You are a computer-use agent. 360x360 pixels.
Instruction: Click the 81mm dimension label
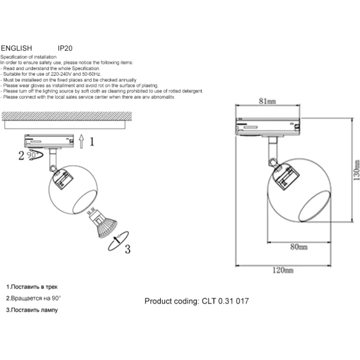[268, 101]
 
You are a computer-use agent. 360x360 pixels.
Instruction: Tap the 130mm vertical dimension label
[356, 170]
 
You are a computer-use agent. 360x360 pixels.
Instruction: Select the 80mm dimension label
[299, 247]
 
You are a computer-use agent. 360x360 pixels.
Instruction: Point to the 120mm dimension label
[282, 270]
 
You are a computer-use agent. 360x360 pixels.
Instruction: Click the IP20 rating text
[65, 48]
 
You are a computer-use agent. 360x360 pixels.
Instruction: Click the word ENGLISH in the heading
[16, 48]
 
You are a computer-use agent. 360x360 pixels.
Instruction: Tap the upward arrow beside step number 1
[81, 141]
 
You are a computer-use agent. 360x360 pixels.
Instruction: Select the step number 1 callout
[92, 142]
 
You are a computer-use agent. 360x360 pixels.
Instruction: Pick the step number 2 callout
[21, 155]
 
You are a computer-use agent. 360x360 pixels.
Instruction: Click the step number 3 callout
[128, 249]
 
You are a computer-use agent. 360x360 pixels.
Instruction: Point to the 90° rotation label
[32, 155]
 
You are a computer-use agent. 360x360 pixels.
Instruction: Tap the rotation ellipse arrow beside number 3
[118, 241]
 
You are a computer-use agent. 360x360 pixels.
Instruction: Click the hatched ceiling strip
[67, 116]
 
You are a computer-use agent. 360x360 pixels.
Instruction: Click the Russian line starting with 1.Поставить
[32, 287]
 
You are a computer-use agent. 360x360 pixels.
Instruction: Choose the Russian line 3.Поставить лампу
[32, 310]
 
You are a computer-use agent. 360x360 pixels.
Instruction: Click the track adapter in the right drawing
[268, 127]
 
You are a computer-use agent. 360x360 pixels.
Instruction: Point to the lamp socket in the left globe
[63, 179]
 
